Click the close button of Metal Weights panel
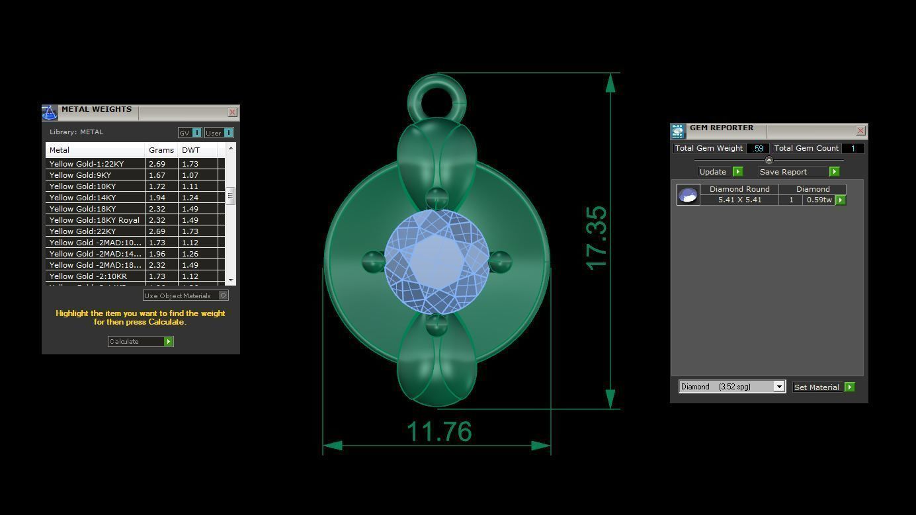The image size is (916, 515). (x=232, y=112)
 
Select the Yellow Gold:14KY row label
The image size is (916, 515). (x=83, y=198)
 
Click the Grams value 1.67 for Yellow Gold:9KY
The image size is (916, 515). (x=157, y=175)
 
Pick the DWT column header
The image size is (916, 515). (x=190, y=150)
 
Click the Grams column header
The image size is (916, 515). (x=161, y=150)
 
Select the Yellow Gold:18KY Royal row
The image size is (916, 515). (x=94, y=220)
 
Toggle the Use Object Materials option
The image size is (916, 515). (x=224, y=296)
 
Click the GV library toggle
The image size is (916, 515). (x=190, y=133)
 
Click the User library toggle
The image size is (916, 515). (x=219, y=133)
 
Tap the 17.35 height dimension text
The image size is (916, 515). (x=596, y=238)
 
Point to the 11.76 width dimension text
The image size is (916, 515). (x=439, y=432)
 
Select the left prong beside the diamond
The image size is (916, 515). (x=373, y=262)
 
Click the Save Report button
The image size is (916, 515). (x=798, y=172)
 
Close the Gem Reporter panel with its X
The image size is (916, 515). (x=860, y=131)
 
